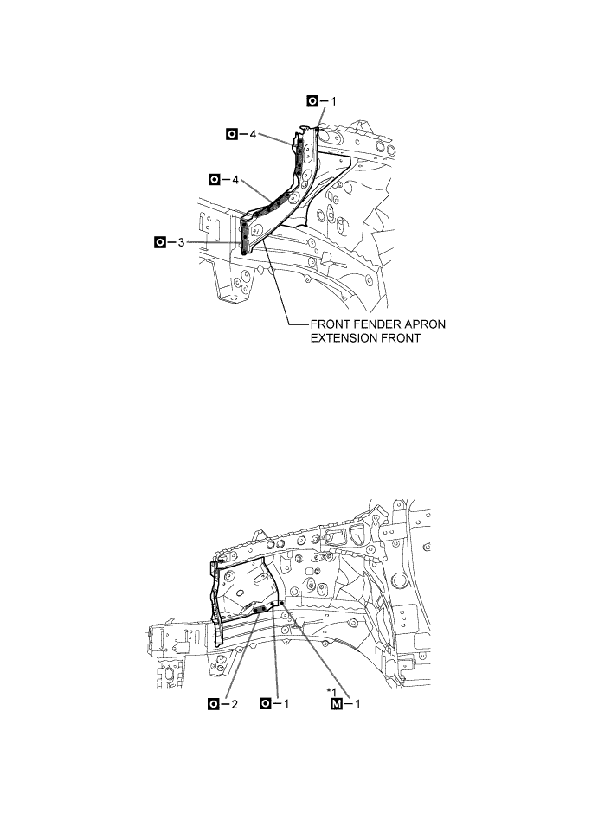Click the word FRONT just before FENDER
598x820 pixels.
(x=331, y=324)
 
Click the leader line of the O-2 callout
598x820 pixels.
(x=239, y=657)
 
